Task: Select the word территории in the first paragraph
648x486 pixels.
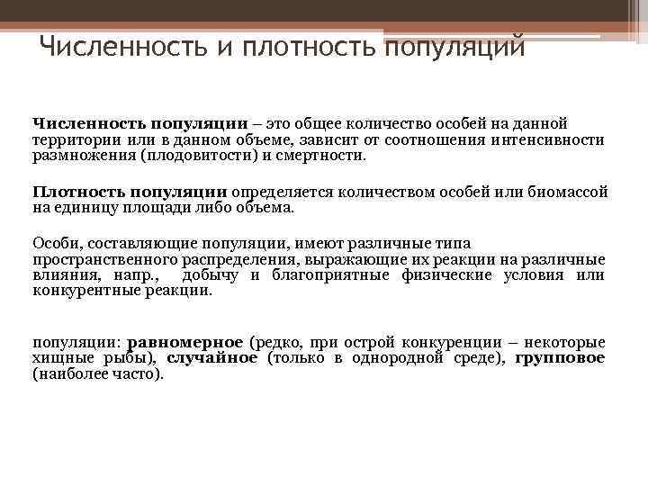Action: tap(68, 140)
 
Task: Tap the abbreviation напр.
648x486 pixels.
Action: tap(137, 275)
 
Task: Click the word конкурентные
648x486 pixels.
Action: tap(77, 291)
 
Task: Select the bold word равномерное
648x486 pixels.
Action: tap(186, 343)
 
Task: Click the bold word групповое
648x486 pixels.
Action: tap(572, 358)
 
